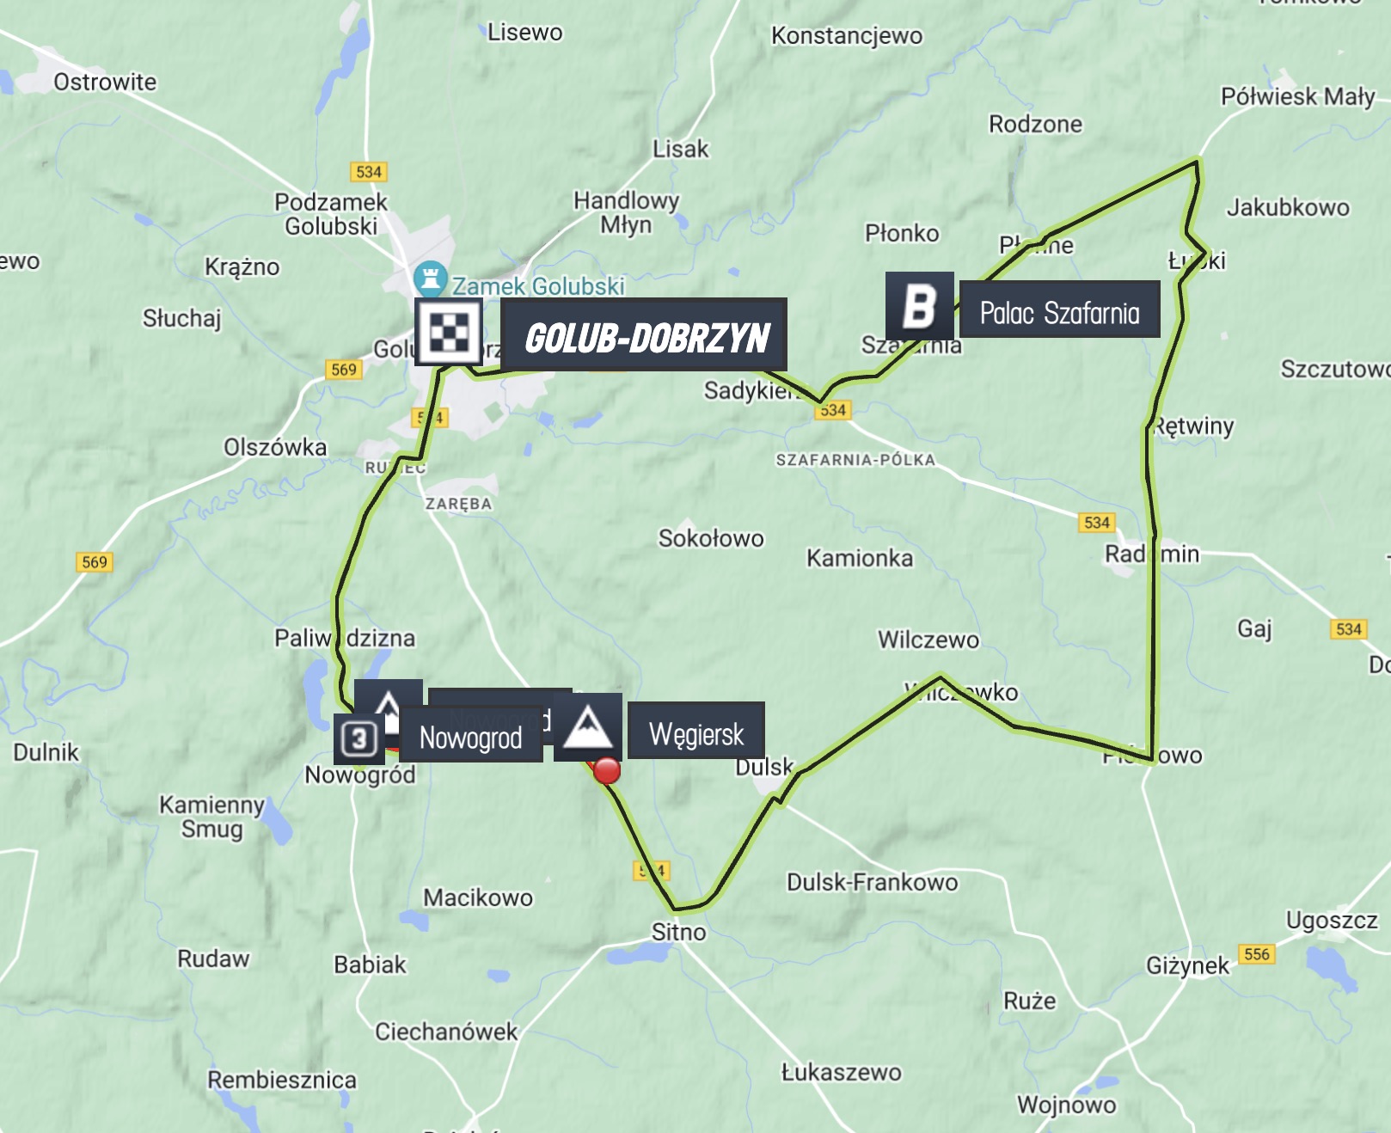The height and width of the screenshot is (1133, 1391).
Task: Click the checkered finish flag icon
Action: tap(448, 332)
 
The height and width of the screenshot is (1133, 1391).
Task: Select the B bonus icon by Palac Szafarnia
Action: tap(919, 305)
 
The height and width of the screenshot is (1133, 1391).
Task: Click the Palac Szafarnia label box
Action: tap(1059, 311)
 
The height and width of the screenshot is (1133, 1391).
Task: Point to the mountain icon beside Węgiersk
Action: tap(588, 727)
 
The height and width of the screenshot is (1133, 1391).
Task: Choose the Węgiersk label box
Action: tap(696, 732)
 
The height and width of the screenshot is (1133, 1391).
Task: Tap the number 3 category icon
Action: tap(358, 738)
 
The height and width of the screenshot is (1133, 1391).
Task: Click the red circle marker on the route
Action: tap(607, 770)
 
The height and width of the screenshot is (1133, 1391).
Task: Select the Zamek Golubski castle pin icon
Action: tap(430, 279)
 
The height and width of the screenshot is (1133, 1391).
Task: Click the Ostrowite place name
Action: tap(105, 83)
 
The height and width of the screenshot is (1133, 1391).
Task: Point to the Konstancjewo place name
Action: tap(846, 36)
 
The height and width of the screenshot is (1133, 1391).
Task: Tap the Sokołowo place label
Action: tap(711, 539)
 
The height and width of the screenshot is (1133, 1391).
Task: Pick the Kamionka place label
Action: tap(859, 559)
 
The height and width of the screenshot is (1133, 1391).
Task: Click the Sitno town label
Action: tap(678, 933)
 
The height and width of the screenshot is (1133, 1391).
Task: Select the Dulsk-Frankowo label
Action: tap(872, 883)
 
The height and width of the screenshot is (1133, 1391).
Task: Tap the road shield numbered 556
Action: tap(1256, 954)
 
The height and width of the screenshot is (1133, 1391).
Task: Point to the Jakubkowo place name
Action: tap(1287, 208)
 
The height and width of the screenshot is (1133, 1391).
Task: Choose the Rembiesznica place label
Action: tap(281, 1081)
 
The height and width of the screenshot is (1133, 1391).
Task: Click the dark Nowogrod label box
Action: tap(470, 738)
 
